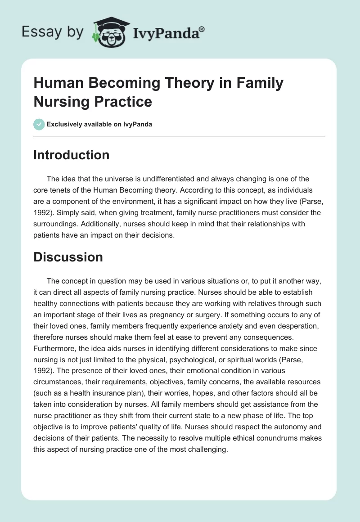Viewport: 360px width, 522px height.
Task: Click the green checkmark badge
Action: coord(39,124)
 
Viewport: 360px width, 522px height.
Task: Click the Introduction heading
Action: coord(72,155)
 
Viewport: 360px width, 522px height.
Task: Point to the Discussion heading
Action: coord(68,257)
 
